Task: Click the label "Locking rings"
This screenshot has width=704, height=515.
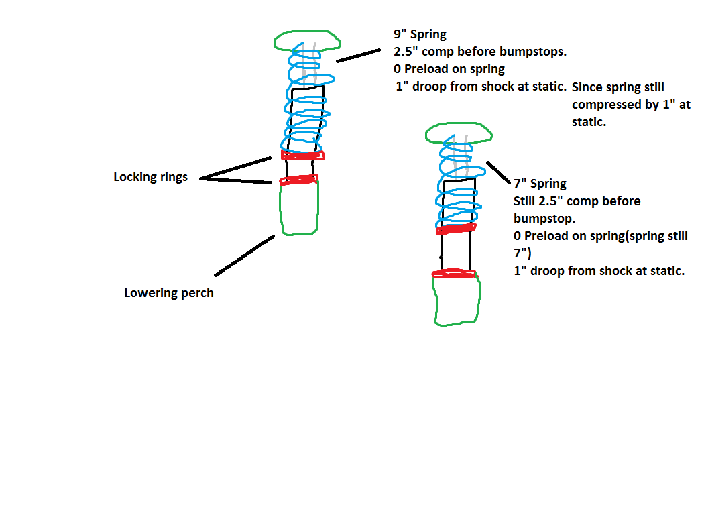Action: click(150, 177)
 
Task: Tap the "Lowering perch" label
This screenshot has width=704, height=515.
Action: click(169, 293)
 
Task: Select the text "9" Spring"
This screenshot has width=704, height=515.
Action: click(420, 34)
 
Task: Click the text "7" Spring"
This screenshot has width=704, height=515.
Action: click(540, 184)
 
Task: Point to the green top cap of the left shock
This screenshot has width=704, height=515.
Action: click(307, 32)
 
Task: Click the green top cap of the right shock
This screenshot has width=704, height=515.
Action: click(459, 124)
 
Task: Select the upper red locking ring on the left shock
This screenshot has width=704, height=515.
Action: click(302, 155)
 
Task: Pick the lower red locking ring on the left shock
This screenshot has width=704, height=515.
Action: click(298, 180)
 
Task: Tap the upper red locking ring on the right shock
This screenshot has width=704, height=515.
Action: click(456, 229)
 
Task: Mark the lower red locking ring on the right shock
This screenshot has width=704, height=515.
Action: click(454, 273)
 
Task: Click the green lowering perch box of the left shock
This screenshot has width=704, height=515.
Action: click(281, 209)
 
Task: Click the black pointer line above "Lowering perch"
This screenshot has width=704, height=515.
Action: click(244, 255)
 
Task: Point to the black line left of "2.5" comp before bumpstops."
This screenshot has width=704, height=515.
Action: click(358, 55)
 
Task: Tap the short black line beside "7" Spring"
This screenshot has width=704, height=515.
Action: click(498, 173)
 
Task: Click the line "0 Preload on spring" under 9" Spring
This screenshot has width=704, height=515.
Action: click(449, 69)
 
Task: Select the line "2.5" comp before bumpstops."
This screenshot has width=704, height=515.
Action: click(480, 52)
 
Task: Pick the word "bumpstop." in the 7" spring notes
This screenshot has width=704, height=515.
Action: click(544, 219)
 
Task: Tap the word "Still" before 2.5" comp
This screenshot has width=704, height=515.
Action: click(524, 201)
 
